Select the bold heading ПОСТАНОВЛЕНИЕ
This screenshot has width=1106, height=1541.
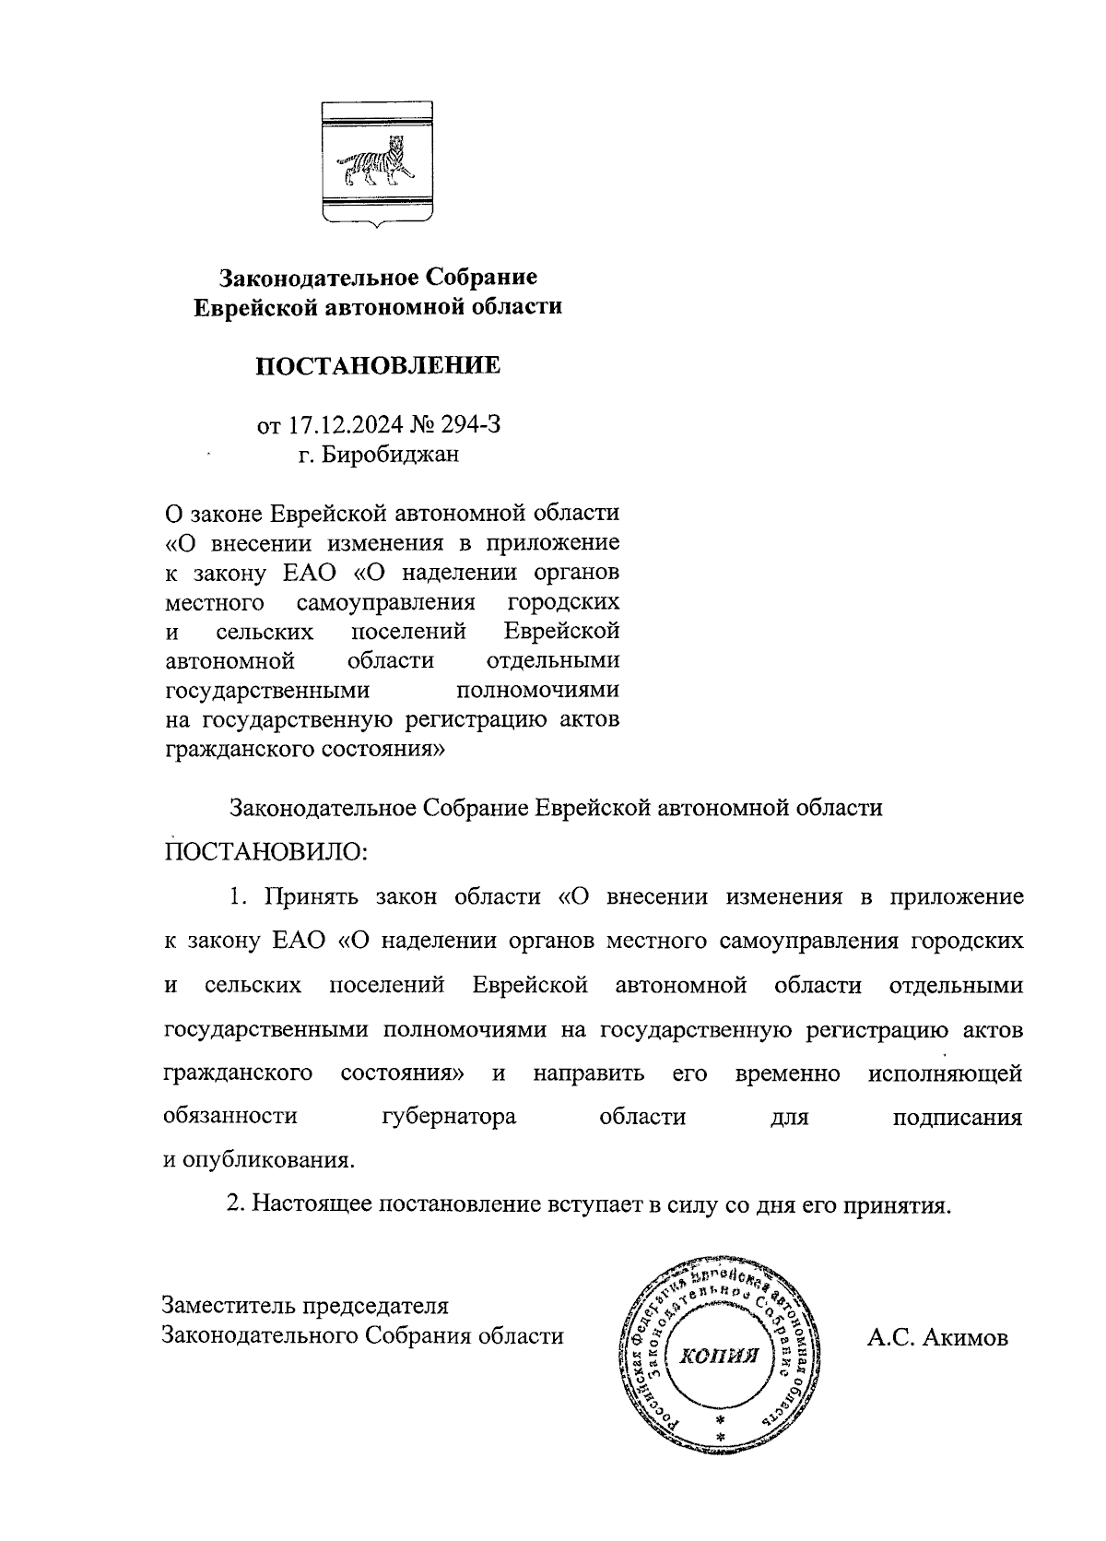[378, 366]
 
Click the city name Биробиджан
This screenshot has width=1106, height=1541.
[390, 455]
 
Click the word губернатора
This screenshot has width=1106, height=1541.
[448, 1117]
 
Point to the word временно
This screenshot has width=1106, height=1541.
[788, 1073]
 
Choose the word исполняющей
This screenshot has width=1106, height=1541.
[945, 1073]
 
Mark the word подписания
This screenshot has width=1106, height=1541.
[958, 1117]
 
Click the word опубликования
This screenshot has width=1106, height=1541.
[266, 1160]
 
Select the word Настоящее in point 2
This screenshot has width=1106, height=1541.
[307, 1204]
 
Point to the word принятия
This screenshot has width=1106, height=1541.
[898, 1204]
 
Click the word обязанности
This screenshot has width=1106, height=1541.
[230, 1117]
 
